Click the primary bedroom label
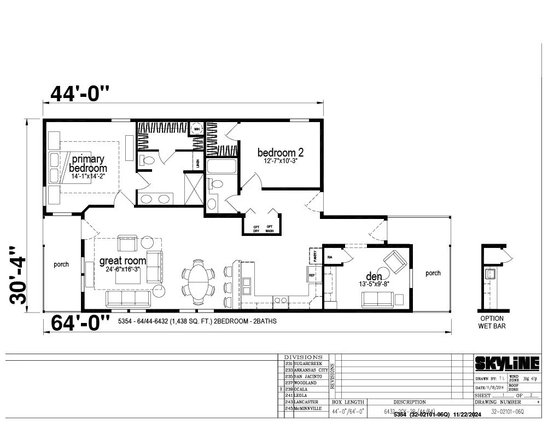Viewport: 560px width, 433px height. point(88,164)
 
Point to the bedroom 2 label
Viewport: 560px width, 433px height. point(281,153)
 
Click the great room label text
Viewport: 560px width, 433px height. point(122,261)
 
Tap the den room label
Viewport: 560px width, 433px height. point(374,277)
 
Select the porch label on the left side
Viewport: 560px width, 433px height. point(61,264)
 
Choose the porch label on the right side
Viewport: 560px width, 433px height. point(433,273)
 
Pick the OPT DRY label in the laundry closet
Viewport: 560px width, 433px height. point(256,229)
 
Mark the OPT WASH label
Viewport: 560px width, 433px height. point(269,229)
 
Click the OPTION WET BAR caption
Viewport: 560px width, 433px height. point(492,322)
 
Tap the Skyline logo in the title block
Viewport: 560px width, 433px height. point(506,363)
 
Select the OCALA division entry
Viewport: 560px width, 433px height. point(302,389)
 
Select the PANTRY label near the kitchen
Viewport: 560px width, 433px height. point(316,255)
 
